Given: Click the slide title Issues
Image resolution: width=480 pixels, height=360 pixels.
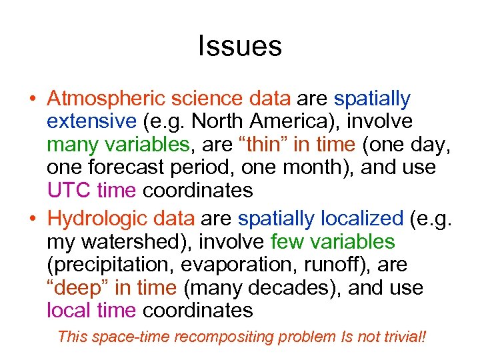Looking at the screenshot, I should click(240, 47).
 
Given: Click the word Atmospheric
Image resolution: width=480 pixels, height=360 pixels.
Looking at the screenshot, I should click(107, 99).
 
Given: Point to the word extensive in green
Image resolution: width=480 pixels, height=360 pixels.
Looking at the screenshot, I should click(91, 122).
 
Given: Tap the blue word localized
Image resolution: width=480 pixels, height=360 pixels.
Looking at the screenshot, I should click(362, 219).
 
